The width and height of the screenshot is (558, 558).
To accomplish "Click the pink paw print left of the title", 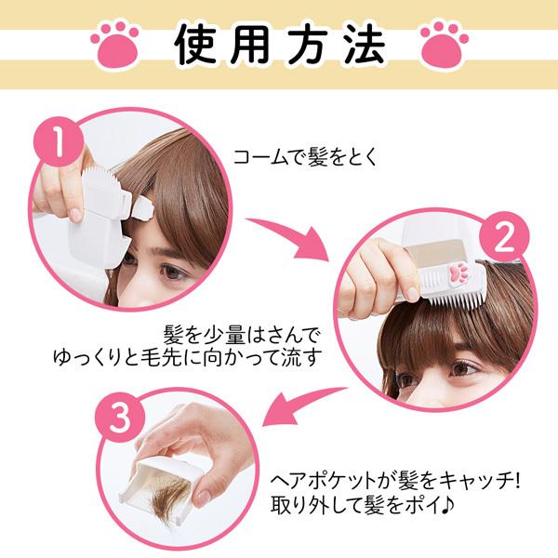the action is point(114,45).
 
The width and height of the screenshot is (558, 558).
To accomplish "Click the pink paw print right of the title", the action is point(445,45).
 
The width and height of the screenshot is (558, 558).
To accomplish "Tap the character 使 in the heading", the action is point(197,45).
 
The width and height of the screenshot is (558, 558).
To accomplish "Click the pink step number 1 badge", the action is point(59,141).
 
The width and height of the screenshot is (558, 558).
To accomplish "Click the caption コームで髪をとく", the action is point(305,157).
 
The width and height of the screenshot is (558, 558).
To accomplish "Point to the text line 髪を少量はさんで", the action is point(242,335).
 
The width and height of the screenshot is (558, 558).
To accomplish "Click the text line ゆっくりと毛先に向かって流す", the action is point(188,357).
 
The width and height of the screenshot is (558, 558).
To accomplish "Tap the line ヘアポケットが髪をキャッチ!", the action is point(395,481).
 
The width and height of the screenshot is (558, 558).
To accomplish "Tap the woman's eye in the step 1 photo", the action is point(174,272).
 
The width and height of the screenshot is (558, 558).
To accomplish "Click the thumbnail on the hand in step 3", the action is point(203,497).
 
